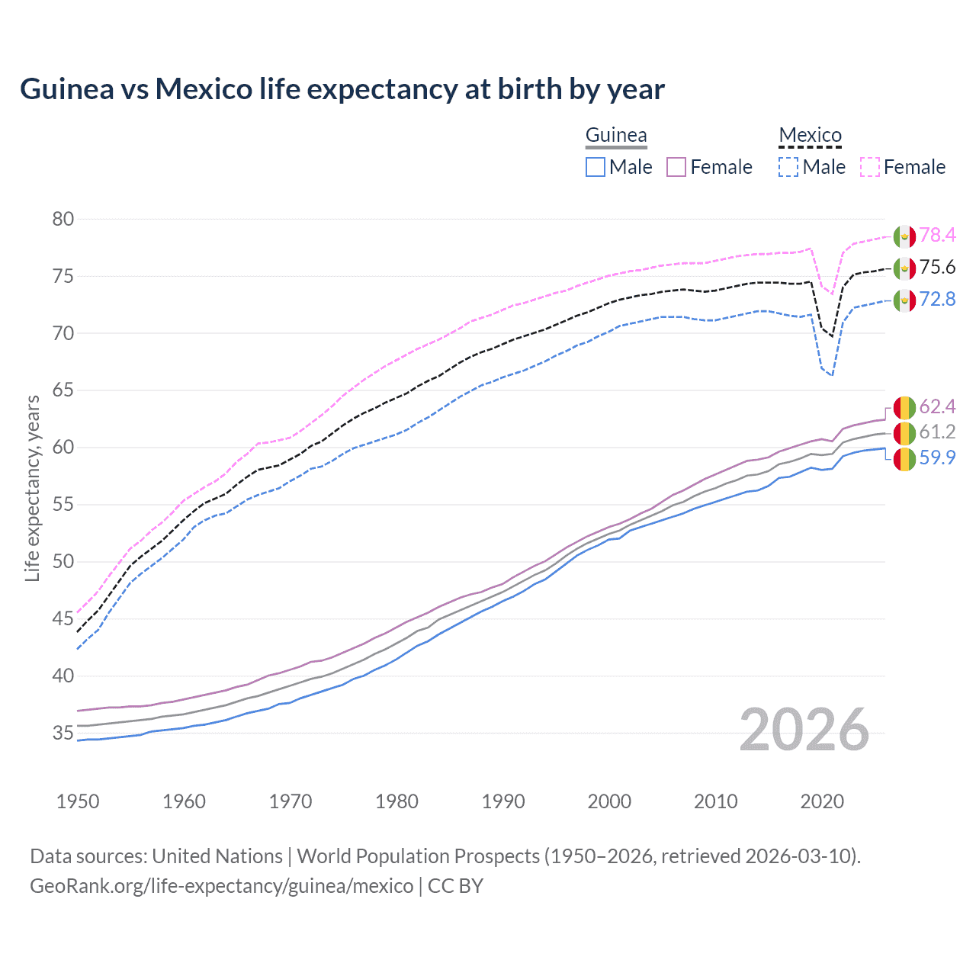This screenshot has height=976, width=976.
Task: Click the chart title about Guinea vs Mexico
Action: [x=342, y=89]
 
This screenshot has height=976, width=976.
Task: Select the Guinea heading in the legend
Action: [x=616, y=136]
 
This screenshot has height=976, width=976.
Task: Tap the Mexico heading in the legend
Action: [x=810, y=136]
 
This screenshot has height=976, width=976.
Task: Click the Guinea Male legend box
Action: [x=596, y=167]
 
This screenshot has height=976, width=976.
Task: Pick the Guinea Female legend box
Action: [x=676, y=167]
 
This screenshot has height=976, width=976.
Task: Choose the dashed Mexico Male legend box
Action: [x=788, y=167]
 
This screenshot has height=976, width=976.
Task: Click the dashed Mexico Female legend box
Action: [x=870, y=167]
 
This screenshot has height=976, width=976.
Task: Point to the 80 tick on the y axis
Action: [x=63, y=220]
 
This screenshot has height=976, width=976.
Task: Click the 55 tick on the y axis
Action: [x=63, y=505]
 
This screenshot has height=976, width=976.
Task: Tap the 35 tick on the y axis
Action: [x=63, y=734]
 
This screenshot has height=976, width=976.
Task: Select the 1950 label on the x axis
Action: [x=78, y=801]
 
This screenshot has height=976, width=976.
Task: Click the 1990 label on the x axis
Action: [x=503, y=801]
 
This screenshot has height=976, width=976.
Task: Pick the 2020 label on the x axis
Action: [x=822, y=801]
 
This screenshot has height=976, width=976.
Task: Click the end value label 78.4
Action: [x=937, y=236]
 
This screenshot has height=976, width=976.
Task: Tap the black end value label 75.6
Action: [x=937, y=268]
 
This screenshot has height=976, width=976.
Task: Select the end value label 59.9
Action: [x=937, y=457]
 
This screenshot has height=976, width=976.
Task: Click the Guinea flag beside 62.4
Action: [x=904, y=407]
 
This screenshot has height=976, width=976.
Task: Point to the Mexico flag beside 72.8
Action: [x=904, y=300]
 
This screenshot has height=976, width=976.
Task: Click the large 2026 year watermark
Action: [x=804, y=730]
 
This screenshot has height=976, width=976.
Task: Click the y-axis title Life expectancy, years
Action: [x=32, y=488]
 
